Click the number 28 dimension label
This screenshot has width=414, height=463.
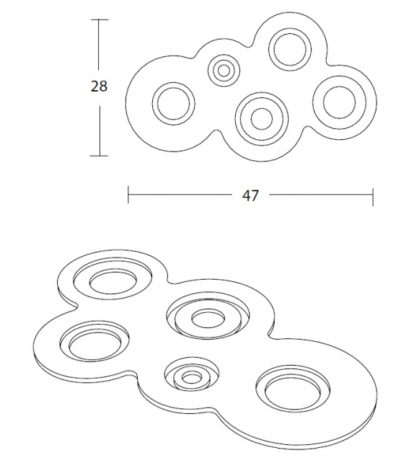99,86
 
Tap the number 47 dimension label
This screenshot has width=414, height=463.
250,195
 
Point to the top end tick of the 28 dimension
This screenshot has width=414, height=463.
100,19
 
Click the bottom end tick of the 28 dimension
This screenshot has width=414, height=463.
100,156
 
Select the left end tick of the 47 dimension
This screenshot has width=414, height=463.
128,195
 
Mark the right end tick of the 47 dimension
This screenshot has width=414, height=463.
373,197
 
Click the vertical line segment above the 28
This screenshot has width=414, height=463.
99,45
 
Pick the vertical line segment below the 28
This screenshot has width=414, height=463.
100,131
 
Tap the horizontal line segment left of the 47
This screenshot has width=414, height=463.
180,195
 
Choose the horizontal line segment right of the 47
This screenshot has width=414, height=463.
321,195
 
